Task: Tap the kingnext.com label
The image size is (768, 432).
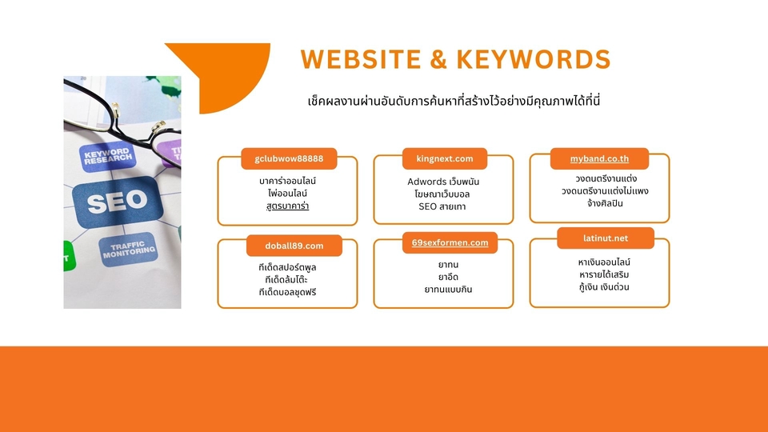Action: [444, 158]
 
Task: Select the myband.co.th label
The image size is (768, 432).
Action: [599, 158]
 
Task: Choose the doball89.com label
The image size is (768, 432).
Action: [294, 246]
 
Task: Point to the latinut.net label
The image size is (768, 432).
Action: [605, 238]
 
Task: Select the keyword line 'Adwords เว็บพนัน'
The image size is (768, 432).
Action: [443, 182]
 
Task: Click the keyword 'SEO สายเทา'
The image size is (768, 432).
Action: [442, 206]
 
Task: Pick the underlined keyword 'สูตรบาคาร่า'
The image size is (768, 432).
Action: [288, 206]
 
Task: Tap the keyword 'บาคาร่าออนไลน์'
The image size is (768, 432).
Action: [288, 181]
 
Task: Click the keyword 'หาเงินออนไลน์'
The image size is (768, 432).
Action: [599, 262]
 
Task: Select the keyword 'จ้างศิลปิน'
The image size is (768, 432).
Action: [599, 203]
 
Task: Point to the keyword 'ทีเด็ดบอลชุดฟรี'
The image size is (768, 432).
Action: [288, 292]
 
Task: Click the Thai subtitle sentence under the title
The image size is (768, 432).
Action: [454, 102]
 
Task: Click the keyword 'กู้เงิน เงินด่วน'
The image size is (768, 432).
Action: [599, 286]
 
